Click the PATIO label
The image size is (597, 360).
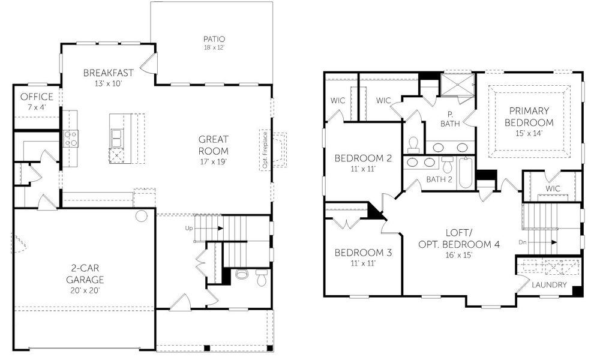[214, 39]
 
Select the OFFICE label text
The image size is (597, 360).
[37, 97]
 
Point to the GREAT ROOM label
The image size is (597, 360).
[214, 145]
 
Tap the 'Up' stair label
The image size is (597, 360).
[189, 229]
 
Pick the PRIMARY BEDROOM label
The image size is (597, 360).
[530, 116]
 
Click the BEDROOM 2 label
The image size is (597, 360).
[363, 158]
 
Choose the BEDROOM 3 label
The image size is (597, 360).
[363, 253]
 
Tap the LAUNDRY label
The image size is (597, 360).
[548, 284]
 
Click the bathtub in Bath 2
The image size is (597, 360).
[464, 173]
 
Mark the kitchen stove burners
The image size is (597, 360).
[70, 139]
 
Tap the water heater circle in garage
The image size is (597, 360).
[142, 215]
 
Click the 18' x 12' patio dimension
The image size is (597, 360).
[214, 47]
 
